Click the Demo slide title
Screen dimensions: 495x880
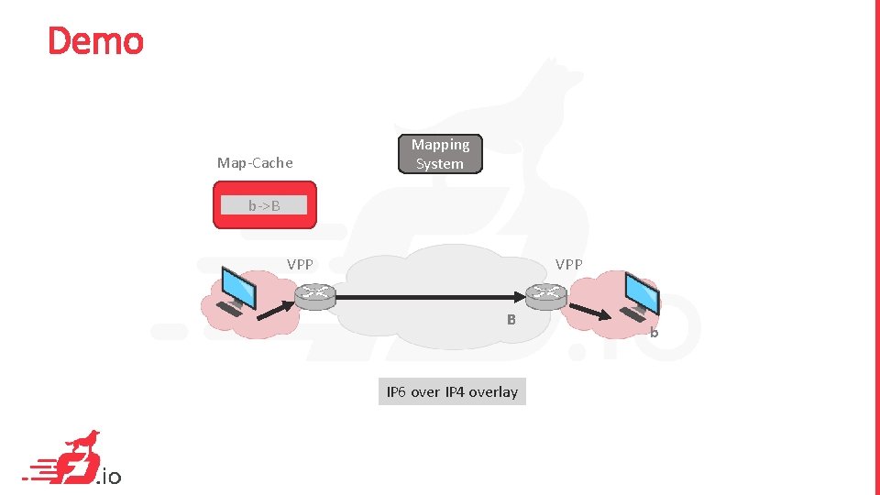[95, 41]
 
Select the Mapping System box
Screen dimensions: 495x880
[440, 154]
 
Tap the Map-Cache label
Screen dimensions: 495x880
[255, 163]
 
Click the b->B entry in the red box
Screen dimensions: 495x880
[264, 206]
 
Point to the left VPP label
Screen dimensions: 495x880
[300, 264]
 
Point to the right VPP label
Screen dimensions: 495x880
[568, 264]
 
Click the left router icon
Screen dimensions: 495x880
[315, 295]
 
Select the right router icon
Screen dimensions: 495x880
[546, 295]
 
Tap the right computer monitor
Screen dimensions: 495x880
[641, 291]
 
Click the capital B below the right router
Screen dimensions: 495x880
[512, 320]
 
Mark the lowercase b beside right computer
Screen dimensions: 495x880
[654, 333]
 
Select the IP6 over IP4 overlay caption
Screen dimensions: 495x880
[452, 392]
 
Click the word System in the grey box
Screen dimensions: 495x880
[440, 164]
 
